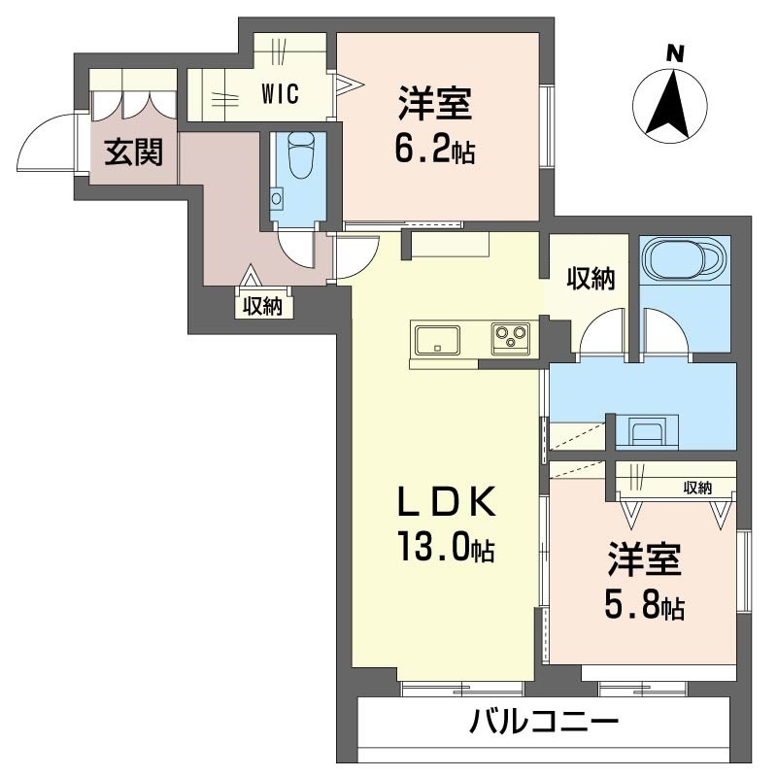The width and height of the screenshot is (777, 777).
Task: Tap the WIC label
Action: click(279, 94)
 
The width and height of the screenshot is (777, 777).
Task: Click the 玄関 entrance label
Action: click(134, 152)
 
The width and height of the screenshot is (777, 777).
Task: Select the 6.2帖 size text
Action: click(434, 150)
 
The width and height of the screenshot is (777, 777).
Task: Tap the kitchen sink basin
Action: click(438, 340)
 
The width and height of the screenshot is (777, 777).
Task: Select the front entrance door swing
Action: click(45, 142)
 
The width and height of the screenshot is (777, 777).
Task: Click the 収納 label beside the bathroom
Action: click(590, 280)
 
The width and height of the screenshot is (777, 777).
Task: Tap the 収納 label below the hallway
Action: click(262, 306)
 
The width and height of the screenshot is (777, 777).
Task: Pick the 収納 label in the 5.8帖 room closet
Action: click(696, 488)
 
